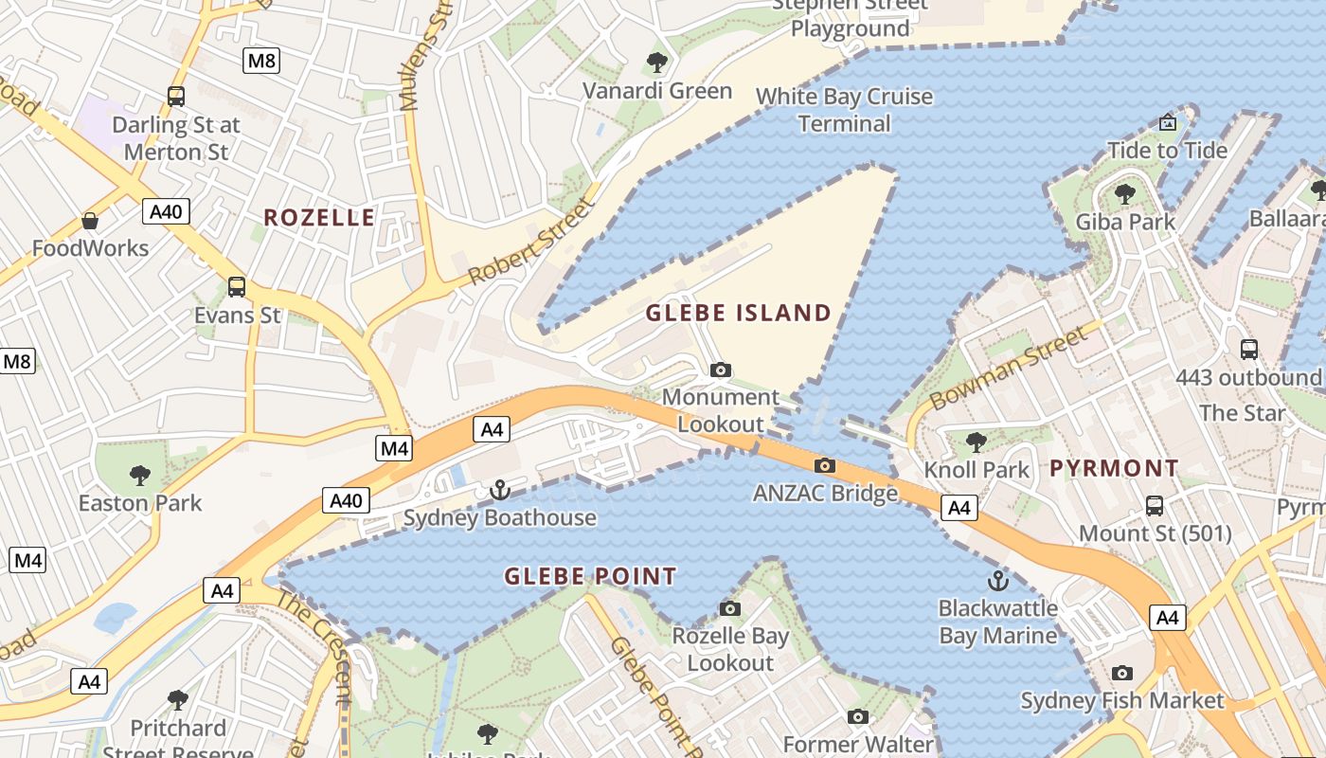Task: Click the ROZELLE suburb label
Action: tap(319, 218)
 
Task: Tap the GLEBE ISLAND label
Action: tap(738, 313)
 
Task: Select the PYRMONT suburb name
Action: tap(1114, 468)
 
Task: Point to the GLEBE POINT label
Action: tap(590, 576)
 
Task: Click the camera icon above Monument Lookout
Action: tap(721, 370)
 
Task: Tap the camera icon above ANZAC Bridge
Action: tap(825, 465)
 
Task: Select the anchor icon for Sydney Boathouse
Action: tap(499, 490)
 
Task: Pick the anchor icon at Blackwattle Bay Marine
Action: tap(997, 580)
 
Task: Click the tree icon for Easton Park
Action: tap(140, 475)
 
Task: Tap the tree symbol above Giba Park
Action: tap(1125, 194)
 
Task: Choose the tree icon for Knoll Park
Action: tap(976, 442)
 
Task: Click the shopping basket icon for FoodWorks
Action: tap(90, 221)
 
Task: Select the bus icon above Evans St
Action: tap(237, 286)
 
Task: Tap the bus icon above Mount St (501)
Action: tap(1155, 505)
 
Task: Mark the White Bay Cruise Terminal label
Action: tap(844, 110)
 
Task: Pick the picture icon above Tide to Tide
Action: tap(1168, 122)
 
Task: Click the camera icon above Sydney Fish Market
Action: tap(1122, 674)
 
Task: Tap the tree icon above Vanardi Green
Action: tap(656, 63)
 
